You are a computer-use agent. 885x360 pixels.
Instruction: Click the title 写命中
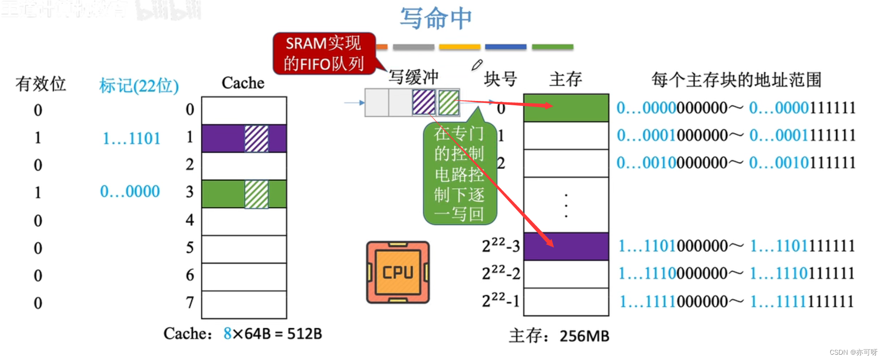click(x=436, y=18)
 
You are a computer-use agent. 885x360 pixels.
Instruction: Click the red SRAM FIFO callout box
click(x=324, y=53)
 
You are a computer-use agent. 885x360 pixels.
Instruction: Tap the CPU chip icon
click(x=398, y=273)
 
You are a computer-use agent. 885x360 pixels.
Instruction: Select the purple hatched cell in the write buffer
click(x=424, y=102)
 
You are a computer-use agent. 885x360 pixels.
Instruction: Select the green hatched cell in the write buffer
click(x=449, y=102)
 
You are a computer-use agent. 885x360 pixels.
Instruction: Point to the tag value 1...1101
click(x=131, y=138)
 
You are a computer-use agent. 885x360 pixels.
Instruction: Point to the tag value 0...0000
click(x=130, y=192)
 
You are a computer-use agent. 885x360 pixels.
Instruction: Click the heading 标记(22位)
click(x=139, y=86)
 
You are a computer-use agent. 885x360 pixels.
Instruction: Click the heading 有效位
click(x=40, y=84)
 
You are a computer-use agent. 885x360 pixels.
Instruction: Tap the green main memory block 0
click(x=566, y=108)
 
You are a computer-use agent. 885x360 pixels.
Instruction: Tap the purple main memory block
click(x=566, y=246)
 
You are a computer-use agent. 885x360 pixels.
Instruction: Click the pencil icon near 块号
click(x=477, y=65)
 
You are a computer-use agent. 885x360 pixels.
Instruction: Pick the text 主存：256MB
click(x=559, y=336)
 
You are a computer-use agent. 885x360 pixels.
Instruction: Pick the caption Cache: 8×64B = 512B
click(x=243, y=334)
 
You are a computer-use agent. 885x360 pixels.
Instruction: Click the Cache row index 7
click(x=190, y=302)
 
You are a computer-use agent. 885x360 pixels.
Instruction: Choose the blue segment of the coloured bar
click(x=505, y=47)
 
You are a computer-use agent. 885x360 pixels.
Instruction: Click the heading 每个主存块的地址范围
click(x=736, y=80)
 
